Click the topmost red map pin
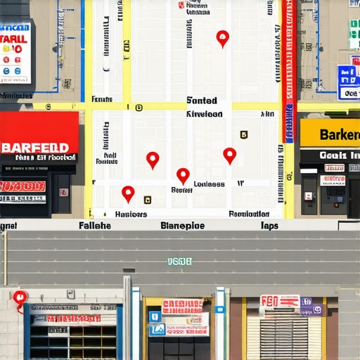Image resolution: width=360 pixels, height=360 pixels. [223, 37]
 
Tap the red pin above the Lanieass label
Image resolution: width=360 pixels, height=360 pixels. [183, 174]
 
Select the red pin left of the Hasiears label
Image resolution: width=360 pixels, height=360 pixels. [128, 193]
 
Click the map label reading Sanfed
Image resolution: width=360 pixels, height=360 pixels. [202, 101]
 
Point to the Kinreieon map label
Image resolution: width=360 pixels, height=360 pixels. [204, 113]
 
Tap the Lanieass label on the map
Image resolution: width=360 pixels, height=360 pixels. [209, 184]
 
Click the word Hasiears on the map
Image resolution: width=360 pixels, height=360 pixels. [131, 214]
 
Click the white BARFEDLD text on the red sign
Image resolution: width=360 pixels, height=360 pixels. [35, 148]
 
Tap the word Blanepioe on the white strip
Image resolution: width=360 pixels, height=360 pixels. [183, 226]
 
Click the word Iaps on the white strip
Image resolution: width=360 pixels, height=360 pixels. [269, 226]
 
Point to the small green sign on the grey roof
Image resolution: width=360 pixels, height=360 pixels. [179, 262]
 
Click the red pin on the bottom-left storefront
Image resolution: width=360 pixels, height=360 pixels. [20, 299]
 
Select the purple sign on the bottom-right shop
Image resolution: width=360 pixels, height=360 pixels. [311, 306]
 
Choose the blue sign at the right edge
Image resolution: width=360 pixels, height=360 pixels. [348, 82]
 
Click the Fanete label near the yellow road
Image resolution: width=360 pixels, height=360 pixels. [102, 100]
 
